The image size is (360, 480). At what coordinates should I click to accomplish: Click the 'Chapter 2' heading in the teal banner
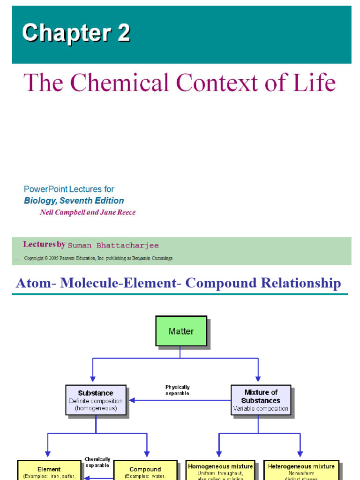[x=76, y=33]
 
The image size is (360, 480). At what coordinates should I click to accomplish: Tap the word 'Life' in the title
[x=315, y=83]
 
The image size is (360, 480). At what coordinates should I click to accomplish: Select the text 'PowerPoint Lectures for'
[x=69, y=189]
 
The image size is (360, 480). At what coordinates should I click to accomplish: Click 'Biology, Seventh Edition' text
[x=74, y=201]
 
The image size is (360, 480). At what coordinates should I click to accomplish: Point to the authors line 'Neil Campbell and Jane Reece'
[x=88, y=212]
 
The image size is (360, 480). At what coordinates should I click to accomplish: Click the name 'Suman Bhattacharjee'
[x=113, y=245]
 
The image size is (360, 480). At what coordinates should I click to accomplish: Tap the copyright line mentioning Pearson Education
[x=98, y=258]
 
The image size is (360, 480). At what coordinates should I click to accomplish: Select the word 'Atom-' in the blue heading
[x=33, y=283]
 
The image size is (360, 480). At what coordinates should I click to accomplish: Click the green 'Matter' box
[x=181, y=331]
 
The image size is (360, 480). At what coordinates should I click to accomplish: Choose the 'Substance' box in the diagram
[x=96, y=400]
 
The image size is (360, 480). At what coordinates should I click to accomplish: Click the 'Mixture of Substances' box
[x=261, y=400]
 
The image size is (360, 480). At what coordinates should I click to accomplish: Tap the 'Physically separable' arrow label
[x=178, y=390]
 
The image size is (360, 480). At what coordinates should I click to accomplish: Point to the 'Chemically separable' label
[x=97, y=462]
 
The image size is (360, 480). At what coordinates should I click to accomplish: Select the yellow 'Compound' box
[x=145, y=470]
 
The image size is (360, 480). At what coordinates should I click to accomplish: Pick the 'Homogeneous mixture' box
[x=220, y=470]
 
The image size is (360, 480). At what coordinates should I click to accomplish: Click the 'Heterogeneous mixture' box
[x=301, y=470]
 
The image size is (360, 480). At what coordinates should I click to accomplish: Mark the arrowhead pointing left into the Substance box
[x=132, y=400]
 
